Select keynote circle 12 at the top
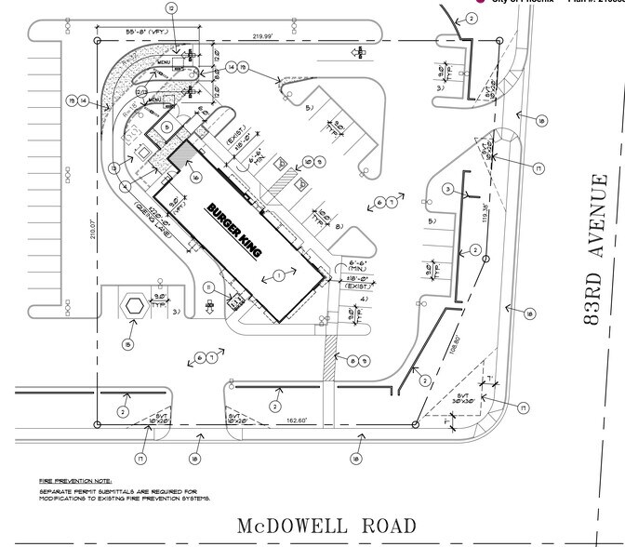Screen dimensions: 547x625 coord(171,7)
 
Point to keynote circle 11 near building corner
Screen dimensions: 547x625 coord(210,286)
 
